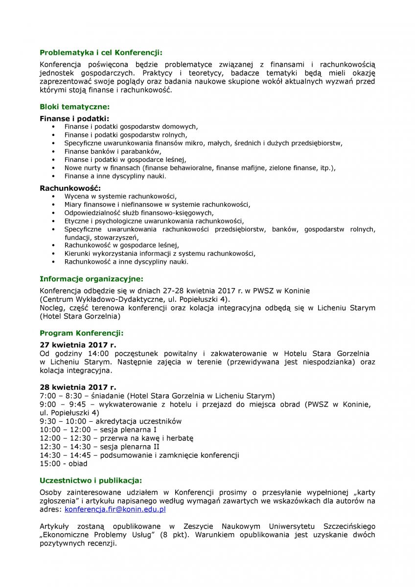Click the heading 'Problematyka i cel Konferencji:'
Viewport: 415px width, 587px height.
pos(100,52)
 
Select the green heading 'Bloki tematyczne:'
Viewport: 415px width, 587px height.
pos(74,106)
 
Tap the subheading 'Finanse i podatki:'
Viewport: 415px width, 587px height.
pos(74,118)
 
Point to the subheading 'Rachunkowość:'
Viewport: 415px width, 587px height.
pos(70,188)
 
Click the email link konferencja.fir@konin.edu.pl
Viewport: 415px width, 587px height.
pos(115,509)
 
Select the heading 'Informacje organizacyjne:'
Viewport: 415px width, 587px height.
pos(91,279)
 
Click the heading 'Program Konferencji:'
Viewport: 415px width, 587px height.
pos(81,333)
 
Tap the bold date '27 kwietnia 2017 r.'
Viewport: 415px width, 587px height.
pos(78,345)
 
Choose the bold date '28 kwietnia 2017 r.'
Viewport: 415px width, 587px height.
pos(78,387)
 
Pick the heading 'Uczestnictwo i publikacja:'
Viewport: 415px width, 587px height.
pos(91,480)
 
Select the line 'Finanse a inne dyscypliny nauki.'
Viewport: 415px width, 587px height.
pos(115,176)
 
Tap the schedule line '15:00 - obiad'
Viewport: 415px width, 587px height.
pos(64,463)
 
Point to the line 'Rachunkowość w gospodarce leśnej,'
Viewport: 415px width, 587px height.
pos(122,245)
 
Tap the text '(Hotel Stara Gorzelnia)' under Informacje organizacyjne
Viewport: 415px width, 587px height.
pos(80,316)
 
